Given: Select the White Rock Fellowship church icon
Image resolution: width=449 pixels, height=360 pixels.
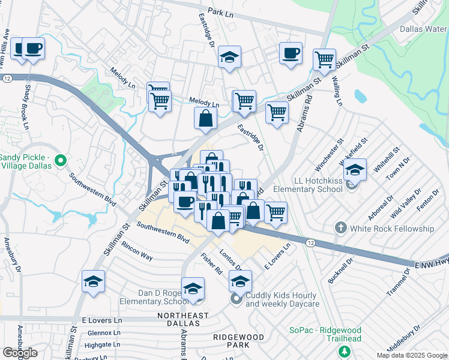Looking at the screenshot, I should coord(341,228).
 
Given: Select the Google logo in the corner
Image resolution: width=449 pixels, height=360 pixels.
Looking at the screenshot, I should coord(20,352).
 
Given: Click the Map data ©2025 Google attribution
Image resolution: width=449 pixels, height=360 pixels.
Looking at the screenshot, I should coord(412,355).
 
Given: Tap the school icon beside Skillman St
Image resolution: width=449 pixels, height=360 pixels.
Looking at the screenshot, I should coord(93,281).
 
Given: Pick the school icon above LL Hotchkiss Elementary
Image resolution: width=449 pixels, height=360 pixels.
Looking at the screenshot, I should coord(355,170).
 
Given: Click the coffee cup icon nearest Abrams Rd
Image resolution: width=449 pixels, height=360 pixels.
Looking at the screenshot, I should coord(291,53).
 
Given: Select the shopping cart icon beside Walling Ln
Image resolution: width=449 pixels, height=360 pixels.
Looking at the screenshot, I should coord(324,59).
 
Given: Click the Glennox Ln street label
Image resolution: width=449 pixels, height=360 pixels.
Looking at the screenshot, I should coord(104,333).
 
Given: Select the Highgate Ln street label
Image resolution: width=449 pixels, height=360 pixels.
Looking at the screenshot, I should coord(103,346).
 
